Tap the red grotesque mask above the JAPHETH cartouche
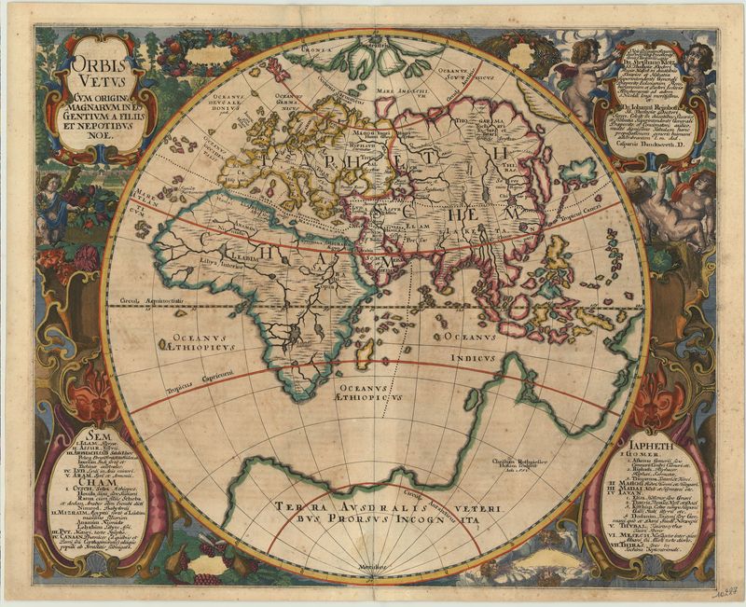pos(670,389)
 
